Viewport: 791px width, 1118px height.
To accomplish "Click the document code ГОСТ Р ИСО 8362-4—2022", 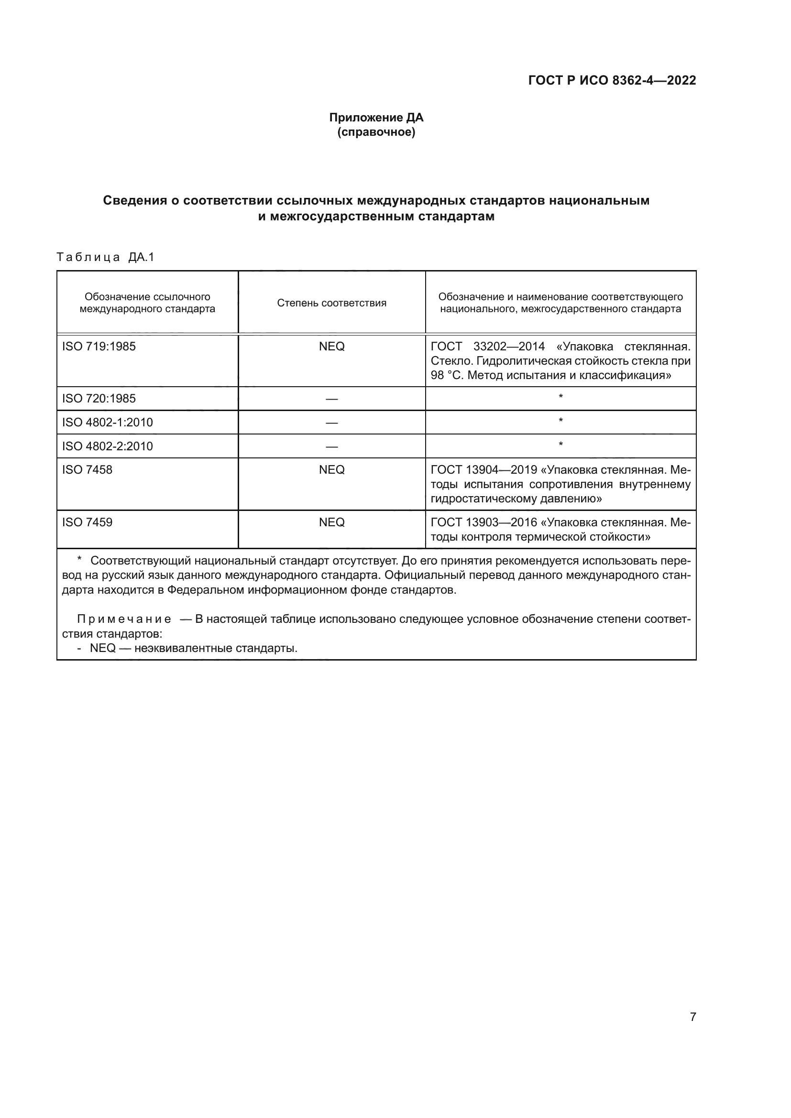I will point(612,80).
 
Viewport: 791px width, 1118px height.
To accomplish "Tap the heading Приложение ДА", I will point(376,118).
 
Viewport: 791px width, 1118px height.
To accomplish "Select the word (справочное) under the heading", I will point(376,132).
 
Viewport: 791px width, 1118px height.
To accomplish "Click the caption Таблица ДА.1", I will point(105,257).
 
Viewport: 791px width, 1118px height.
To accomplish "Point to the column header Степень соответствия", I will point(331,303).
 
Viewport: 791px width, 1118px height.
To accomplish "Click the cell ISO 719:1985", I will point(99,347).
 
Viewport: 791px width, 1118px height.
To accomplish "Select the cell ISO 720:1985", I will point(99,399).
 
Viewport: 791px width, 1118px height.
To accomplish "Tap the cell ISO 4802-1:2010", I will point(107,422).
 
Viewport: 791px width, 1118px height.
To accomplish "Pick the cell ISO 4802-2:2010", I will point(107,446).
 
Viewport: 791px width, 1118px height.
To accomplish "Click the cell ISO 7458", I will point(87,470).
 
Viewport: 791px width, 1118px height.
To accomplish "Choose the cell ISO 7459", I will point(87,522).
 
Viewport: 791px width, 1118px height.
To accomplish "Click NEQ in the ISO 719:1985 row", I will point(332,347).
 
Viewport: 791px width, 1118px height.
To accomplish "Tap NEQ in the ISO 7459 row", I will point(332,522).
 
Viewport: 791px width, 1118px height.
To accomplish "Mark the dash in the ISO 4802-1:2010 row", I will point(332,423).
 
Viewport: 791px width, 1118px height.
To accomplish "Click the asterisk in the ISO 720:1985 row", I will point(560,397).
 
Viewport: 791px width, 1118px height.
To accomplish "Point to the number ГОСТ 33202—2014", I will point(487,347).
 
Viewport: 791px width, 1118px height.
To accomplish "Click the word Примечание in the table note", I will point(124,619).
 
